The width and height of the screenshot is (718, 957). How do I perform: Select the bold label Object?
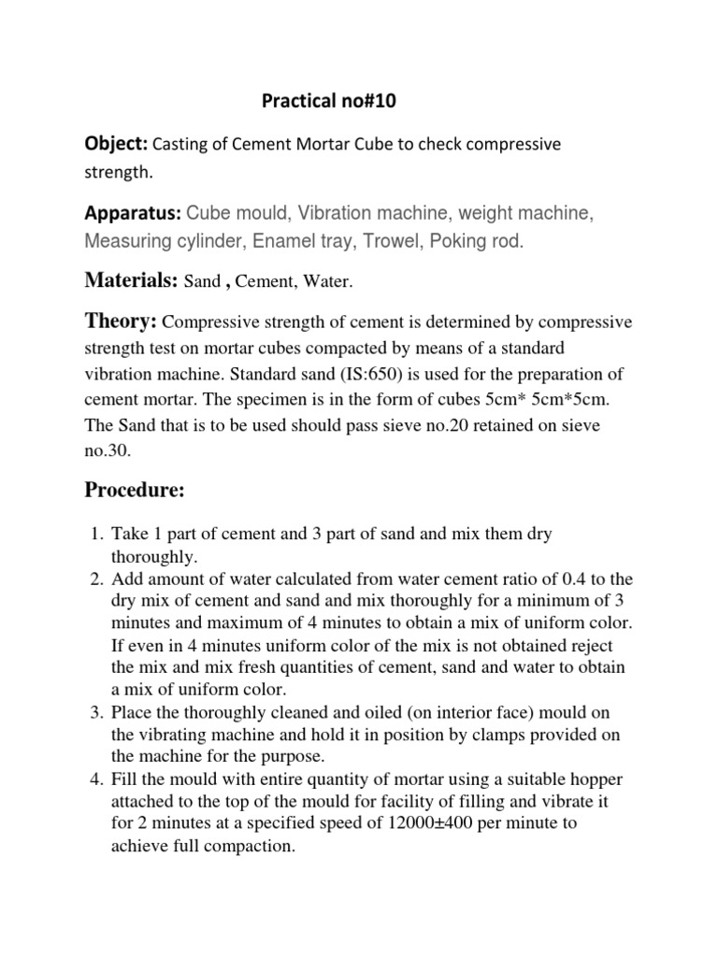point(116,144)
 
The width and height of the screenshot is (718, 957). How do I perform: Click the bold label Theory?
point(121,322)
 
